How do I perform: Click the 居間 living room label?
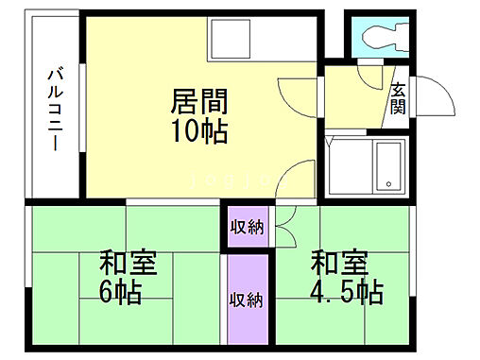(201, 99)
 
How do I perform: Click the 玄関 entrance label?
(399, 97)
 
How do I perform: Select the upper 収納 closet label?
(248, 227)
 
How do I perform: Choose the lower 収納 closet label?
(248, 301)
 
